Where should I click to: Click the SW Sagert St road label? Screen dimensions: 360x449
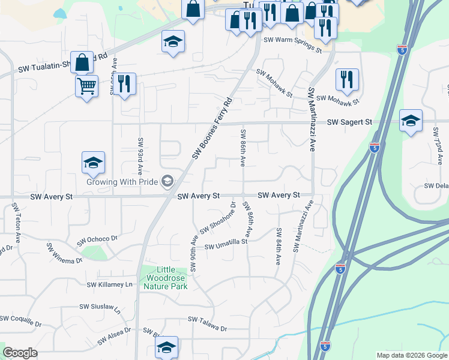pos(349,122)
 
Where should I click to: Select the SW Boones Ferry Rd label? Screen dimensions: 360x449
pos(212,129)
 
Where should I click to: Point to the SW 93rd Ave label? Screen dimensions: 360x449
pos(140,154)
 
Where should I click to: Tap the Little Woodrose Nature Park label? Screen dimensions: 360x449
pos(165,278)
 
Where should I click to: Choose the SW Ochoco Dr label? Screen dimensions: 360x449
pos(97,241)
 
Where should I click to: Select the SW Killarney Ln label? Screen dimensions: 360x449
pos(109,284)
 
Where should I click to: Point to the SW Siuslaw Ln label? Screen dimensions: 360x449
pos(100,308)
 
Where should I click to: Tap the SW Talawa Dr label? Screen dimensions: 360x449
pos(208,324)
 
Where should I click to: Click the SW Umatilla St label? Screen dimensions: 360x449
pos(226,245)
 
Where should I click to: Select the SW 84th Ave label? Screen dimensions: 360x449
pos(279,247)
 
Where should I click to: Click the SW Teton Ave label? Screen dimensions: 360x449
pos(15,220)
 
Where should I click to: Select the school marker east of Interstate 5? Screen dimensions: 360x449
pos(411,121)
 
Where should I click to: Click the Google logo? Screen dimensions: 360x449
pos(20,353)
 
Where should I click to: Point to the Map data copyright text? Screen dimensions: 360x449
pos(412,355)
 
